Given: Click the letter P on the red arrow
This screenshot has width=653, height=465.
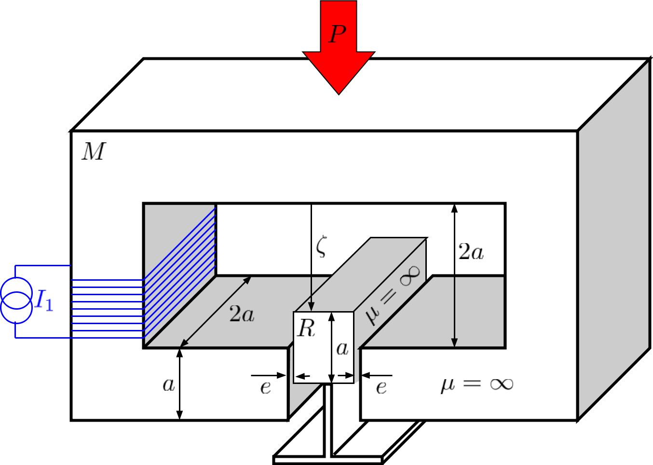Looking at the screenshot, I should (338, 34).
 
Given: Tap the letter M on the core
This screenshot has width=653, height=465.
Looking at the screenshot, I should (94, 151).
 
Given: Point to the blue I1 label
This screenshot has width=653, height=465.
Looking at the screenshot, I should (44, 301).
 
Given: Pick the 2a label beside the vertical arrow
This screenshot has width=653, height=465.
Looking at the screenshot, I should (471, 252).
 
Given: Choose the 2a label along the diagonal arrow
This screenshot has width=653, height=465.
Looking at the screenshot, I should (242, 314).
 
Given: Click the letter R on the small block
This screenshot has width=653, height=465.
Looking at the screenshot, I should (306, 328).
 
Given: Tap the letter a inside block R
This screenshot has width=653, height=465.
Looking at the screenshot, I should (342, 348).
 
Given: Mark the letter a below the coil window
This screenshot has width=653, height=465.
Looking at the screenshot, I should (168, 384).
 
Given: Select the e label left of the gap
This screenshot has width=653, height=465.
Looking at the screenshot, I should (265, 387).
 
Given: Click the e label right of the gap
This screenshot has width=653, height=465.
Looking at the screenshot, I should (381, 387).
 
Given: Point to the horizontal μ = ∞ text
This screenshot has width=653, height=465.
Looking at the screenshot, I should (476, 384).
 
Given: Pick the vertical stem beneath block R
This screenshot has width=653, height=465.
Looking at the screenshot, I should (328, 420).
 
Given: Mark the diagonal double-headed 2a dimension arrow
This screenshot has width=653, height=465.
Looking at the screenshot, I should (216, 312).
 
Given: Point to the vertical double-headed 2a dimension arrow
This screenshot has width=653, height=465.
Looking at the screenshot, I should (454, 275).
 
